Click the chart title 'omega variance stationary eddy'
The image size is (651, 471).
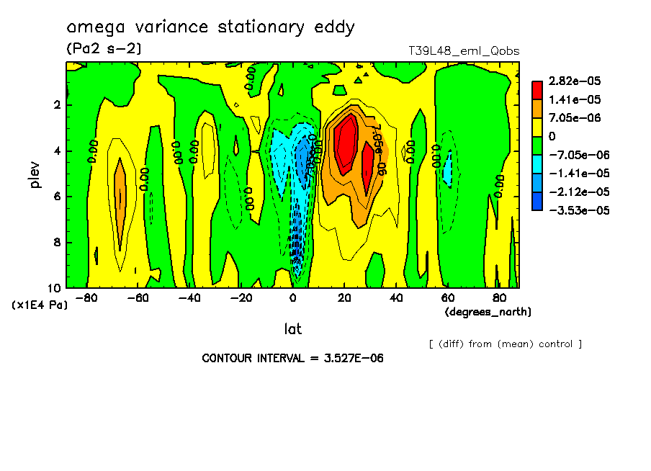210,28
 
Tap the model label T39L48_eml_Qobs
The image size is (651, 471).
463,51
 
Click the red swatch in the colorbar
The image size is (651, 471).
537,90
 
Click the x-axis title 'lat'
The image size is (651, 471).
292,329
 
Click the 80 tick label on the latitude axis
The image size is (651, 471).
498,298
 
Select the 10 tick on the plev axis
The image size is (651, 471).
55,288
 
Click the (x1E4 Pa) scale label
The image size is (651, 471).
40,305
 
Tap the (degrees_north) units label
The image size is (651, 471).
488,312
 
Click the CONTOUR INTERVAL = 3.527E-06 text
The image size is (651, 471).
292,359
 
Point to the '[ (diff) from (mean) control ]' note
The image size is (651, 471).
505,344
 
